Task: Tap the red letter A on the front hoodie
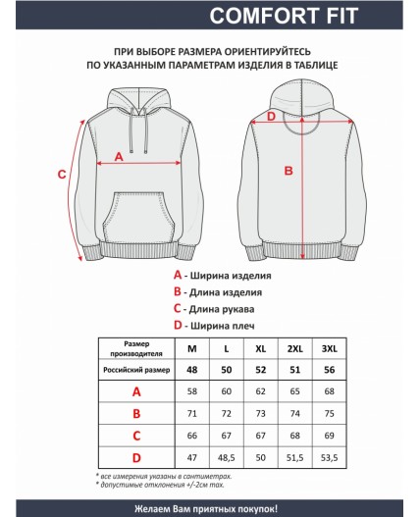click(119, 155)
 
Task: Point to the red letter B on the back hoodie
click(289, 171)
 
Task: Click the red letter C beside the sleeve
click(61, 175)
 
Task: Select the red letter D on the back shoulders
click(273, 117)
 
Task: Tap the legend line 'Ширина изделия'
click(231, 276)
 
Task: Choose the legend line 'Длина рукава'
click(227, 308)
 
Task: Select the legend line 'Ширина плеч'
click(225, 325)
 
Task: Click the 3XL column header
click(329, 349)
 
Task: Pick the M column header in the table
click(191, 349)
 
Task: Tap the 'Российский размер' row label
click(136, 370)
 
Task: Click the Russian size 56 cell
click(329, 370)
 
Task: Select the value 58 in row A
click(191, 390)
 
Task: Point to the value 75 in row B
click(329, 413)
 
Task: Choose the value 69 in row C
click(329, 435)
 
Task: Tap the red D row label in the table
click(136, 457)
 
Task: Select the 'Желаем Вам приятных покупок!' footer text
click(210, 507)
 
